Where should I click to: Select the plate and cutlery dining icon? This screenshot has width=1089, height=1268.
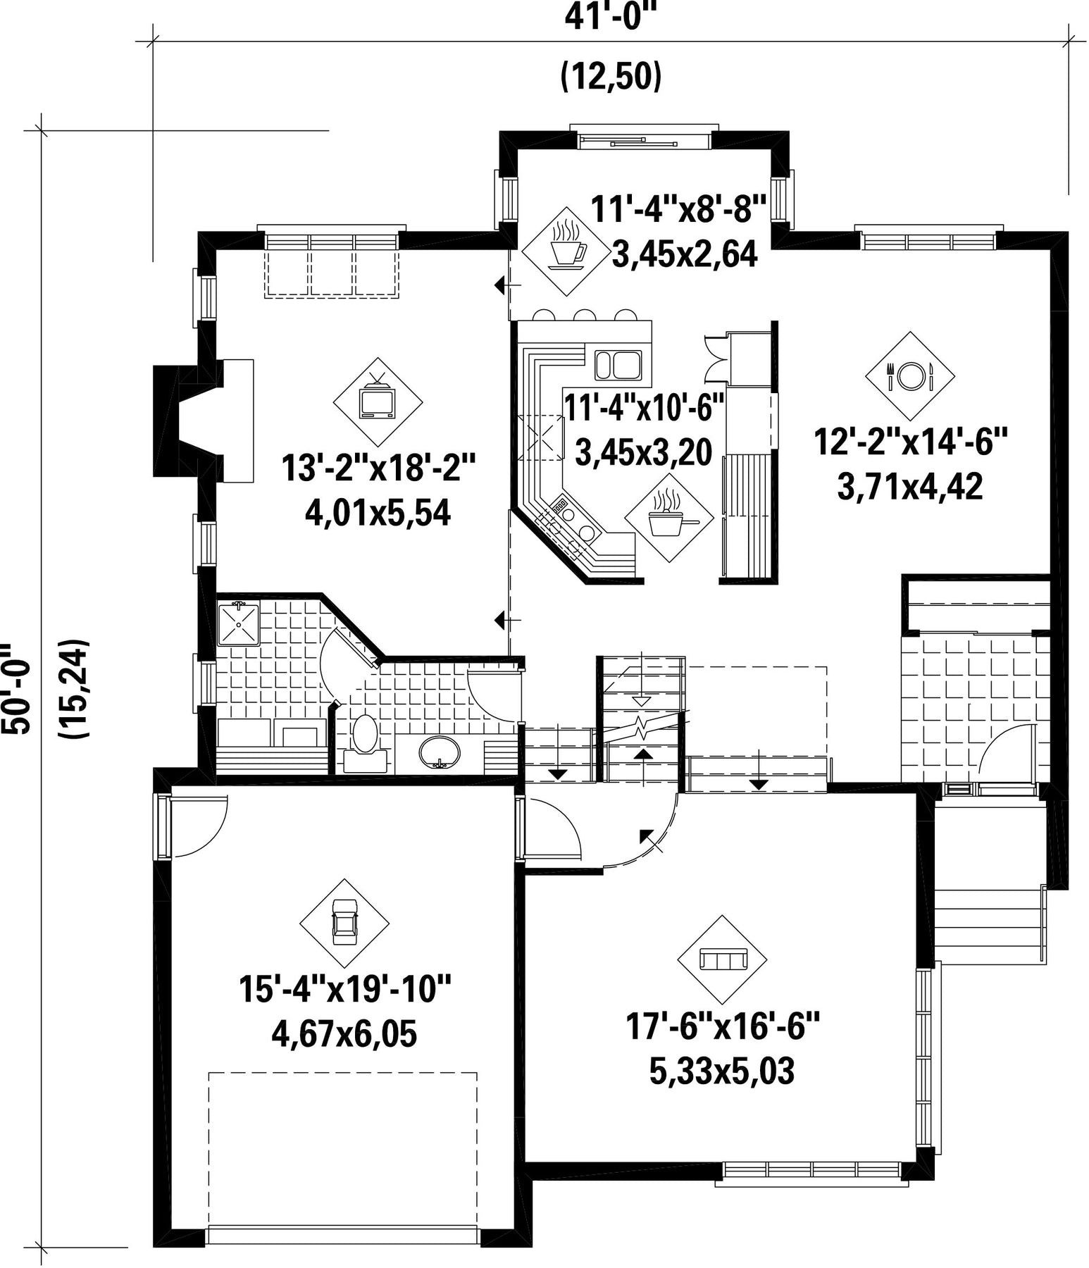pos(910,375)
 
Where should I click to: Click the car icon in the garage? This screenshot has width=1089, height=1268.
pos(344,924)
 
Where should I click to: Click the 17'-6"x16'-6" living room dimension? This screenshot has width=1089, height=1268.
pos(723,1026)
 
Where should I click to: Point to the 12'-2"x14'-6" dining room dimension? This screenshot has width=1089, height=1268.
pos(911,444)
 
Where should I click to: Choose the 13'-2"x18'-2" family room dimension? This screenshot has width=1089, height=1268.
pos(378,468)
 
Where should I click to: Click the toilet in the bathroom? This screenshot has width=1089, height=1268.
pos(364,743)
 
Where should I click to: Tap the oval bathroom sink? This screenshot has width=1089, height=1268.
pos(440,753)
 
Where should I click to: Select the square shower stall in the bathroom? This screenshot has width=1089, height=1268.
pos(238,623)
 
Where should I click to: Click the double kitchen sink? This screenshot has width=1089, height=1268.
pos(618,365)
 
